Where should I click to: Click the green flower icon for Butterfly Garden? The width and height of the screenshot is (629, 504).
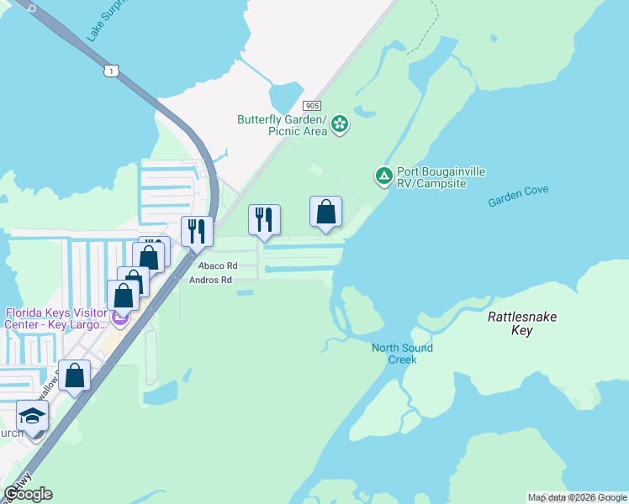[340, 125]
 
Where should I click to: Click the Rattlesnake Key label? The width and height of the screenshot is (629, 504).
[521, 323]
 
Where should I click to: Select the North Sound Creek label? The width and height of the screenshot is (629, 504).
[402, 354]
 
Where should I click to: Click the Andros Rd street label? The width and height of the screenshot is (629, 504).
[210, 280]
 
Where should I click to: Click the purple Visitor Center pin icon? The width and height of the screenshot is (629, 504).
[119, 319]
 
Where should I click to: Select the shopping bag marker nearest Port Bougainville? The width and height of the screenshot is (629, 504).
[325, 213]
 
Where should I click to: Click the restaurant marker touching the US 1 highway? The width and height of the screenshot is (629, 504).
[197, 230]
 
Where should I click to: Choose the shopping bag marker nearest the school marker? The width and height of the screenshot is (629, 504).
[75, 376]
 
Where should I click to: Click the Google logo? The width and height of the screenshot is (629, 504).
[28, 494]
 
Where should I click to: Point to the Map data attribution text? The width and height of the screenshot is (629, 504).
[577, 497]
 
